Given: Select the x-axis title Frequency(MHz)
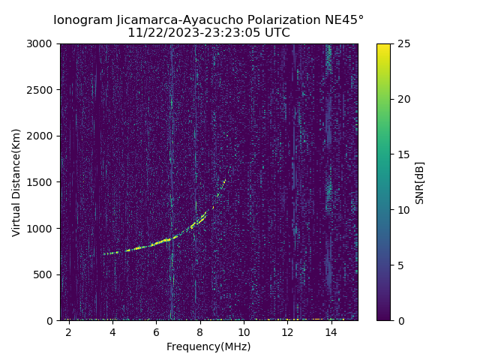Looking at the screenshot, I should point(208,346).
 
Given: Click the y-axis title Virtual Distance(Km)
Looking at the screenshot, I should point(16,182).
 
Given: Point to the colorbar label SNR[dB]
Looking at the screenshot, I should point(420,182).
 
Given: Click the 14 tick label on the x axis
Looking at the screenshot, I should point(331,331).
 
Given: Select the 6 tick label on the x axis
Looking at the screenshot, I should point(156,331).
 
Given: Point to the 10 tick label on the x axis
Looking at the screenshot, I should point(244,331).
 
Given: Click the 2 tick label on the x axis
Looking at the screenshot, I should point(68,331).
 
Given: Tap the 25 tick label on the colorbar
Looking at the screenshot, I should point(403,43).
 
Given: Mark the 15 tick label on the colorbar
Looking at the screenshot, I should point(403,154).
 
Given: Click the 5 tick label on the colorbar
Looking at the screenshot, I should point(400,265).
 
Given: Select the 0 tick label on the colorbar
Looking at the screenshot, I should point(400,320).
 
